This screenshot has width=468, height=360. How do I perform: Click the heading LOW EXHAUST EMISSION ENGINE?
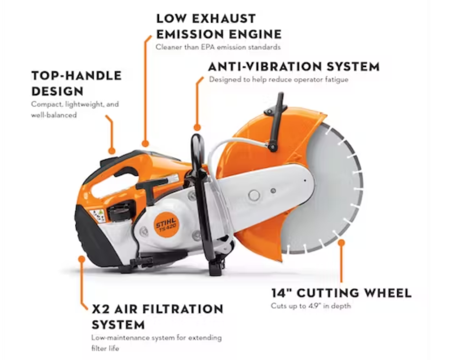pyautogui.click(x=218, y=26)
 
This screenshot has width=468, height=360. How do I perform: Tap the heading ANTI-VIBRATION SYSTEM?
pyautogui.click(x=293, y=67)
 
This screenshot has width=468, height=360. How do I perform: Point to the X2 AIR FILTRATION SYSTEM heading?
pyautogui.click(x=157, y=317)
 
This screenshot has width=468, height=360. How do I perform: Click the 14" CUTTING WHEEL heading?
pyautogui.click(x=341, y=293)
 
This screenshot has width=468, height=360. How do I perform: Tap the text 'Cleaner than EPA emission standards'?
pyautogui.click(x=218, y=47)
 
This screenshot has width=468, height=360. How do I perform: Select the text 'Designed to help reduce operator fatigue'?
pyautogui.click(x=279, y=79)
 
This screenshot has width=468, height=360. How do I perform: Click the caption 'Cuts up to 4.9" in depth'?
pyautogui.click(x=311, y=306)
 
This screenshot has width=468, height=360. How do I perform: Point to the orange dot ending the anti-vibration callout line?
pyautogui.click(x=197, y=127)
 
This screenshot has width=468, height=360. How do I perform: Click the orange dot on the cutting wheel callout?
pyautogui.click(x=341, y=242)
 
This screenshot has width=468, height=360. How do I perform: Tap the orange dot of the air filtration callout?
pyautogui.click(x=81, y=259)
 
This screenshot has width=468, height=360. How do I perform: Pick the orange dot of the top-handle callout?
pyautogui.click(x=112, y=150)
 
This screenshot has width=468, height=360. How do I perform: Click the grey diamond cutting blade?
pyautogui.click(x=329, y=192)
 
